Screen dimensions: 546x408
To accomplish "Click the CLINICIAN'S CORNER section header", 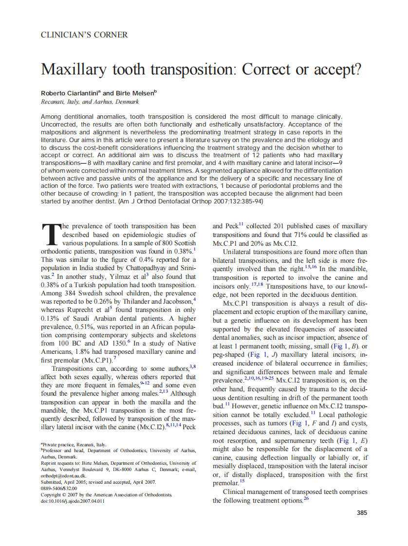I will pyautogui.click(x=84, y=35).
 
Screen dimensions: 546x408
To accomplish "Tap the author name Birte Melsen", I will pyautogui.click(x=135, y=93).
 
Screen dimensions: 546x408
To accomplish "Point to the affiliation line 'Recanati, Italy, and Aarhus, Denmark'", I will pyautogui.click(x=90, y=102).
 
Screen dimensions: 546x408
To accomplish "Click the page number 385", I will pyautogui.click(x=362, y=512).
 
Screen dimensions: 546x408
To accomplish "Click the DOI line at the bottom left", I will pyautogui.click(x=73, y=501).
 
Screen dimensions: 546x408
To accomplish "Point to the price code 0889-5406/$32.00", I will pyautogui.click(x=59, y=488).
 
